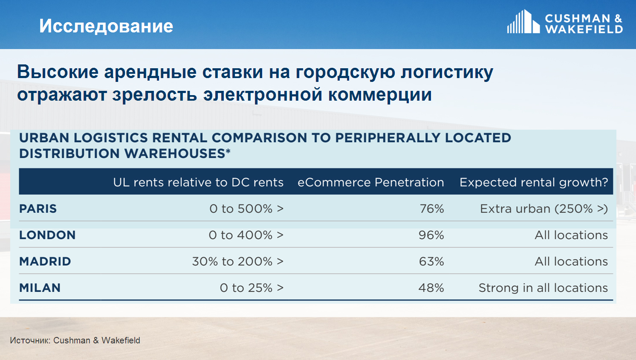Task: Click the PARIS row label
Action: click(38, 209)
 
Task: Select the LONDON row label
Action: click(47, 235)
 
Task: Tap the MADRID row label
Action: click(45, 262)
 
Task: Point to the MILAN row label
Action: click(40, 288)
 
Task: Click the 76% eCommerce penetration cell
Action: click(431, 209)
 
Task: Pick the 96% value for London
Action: click(431, 235)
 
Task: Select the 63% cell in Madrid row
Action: click(431, 262)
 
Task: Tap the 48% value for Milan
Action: click(431, 288)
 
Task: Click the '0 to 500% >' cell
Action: click(246, 209)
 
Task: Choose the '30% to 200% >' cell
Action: click(238, 262)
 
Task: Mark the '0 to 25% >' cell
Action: click(252, 288)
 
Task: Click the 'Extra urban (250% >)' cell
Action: click(544, 209)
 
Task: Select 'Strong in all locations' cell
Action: click(543, 288)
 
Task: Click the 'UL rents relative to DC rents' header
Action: click(198, 183)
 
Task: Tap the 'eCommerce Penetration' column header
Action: click(371, 183)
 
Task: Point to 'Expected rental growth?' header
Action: click(534, 183)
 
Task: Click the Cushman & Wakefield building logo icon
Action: click(523, 22)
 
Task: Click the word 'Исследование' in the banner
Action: click(106, 26)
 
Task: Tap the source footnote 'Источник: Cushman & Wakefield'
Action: click(75, 340)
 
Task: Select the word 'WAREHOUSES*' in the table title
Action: click(177, 154)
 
